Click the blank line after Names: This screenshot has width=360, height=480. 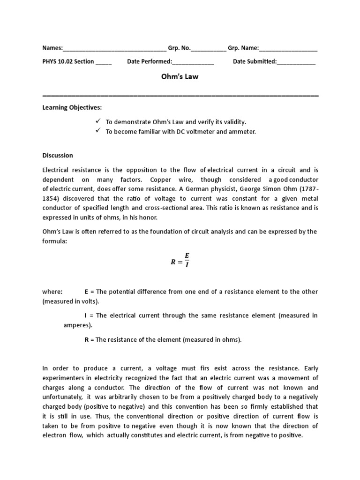tap(114, 49)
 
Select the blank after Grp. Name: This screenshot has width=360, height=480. tap(288, 49)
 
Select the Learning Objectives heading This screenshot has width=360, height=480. tap(72, 108)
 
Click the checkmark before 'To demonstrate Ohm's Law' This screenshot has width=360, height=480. tap(98, 121)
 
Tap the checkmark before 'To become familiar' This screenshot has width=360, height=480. tap(98, 131)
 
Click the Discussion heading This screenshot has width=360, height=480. tap(58, 155)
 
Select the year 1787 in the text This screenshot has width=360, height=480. tap(307, 189)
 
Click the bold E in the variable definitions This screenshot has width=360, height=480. tap(86, 292)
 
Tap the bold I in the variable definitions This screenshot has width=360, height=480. tap(86, 315)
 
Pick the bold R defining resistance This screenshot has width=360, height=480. tap(86, 340)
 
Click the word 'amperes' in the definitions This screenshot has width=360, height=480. tap(77, 325)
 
